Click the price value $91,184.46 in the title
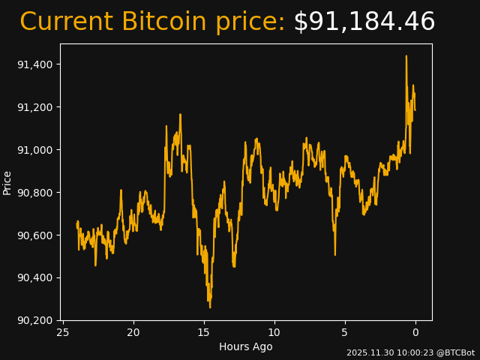[x=364, y=22]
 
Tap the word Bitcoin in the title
[x=163, y=22]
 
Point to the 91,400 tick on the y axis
[x=35, y=64]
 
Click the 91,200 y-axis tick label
[x=35, y=107]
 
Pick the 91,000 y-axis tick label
[x=35, y=150]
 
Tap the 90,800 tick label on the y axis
[x=35, y=193]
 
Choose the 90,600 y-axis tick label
[x=35, y=235]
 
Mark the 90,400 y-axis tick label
[x=35, y=278]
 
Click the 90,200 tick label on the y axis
[x=35, y=321]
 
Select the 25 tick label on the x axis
[x=63, y=333]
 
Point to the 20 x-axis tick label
[x=133, y=333]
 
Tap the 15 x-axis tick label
[x=204, y=333]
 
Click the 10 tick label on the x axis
[x=274, y=333]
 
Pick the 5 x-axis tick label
[x=345, y=333]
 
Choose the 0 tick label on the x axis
[x=415, y=333]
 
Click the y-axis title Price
[x=7, y=182]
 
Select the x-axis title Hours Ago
[x=246, y=346]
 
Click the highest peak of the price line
[x=406, y=56]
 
